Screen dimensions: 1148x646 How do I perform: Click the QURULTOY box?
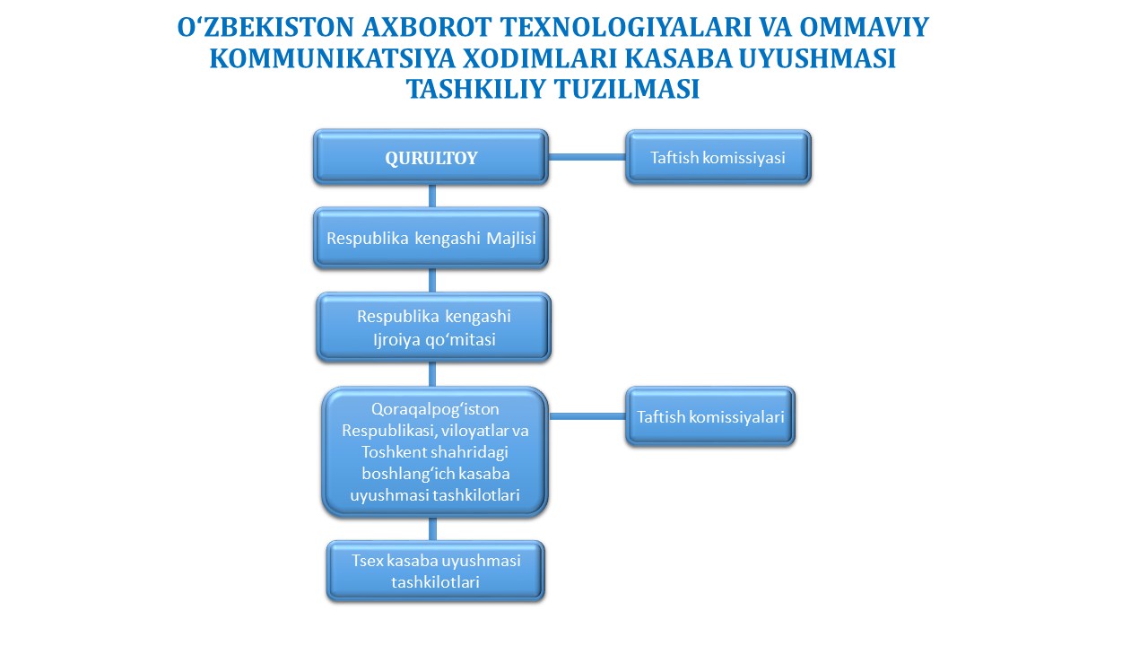431,157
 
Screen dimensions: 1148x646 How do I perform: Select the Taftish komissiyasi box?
718,157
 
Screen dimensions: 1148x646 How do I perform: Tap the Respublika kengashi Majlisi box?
431,238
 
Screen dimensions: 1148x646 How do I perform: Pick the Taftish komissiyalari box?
710,415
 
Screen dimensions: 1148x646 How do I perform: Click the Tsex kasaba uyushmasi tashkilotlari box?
436,571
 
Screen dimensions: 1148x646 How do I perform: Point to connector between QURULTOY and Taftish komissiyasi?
587,157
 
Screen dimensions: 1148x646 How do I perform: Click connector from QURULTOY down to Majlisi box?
432,196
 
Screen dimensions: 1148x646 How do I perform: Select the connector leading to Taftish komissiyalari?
587,415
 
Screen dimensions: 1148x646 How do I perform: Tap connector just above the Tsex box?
432,528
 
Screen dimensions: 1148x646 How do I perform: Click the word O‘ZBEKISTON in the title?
265,27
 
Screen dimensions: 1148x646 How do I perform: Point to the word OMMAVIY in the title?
864,27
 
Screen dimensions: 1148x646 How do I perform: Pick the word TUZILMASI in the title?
627,89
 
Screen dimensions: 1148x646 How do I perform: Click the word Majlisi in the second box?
511,239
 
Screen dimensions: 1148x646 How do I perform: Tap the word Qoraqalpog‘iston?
435,410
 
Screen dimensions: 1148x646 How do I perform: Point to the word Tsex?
368,561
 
